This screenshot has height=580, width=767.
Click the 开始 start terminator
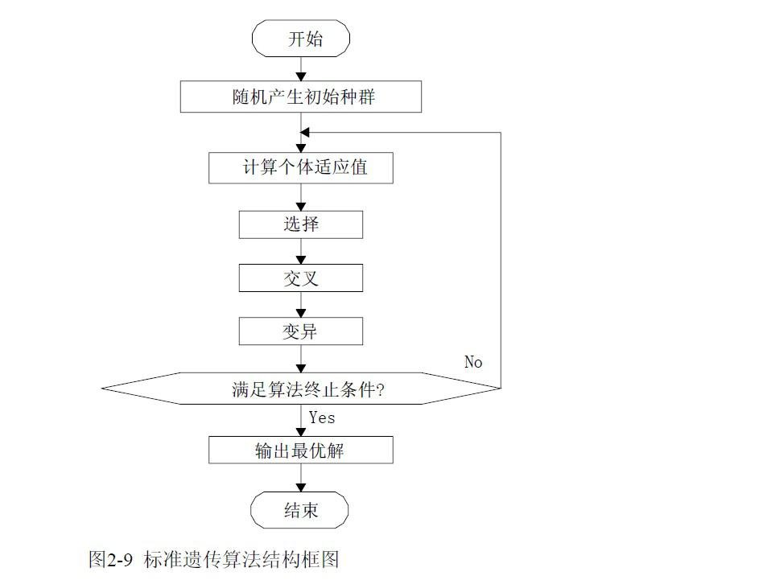[x=301, y=39]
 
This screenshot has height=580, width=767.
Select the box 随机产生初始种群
[x=301, y=97]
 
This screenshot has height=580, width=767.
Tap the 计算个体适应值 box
[x=301, y=168]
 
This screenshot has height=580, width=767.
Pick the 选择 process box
[x=301, y=224]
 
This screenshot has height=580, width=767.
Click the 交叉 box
[x=301, y=278]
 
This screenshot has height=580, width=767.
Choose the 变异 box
[x=301, y=331]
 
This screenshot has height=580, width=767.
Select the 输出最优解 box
[x=301, y=450]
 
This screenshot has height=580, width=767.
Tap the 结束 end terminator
[x=301, y=509]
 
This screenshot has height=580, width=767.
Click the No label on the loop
[x=473, y=362]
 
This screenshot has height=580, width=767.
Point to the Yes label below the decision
[x=322, y=417]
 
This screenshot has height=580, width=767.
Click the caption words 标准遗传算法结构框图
[x=241, y=559]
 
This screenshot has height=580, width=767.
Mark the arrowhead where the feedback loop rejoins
[x=305, y=133]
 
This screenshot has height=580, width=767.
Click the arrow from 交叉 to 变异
[x=301, y=305]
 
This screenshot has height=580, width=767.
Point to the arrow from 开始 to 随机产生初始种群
[x=301, y=68]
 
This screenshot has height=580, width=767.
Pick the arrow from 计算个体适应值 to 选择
[x=301, y=197]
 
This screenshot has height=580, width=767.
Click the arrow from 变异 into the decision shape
[x=301, y=360]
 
